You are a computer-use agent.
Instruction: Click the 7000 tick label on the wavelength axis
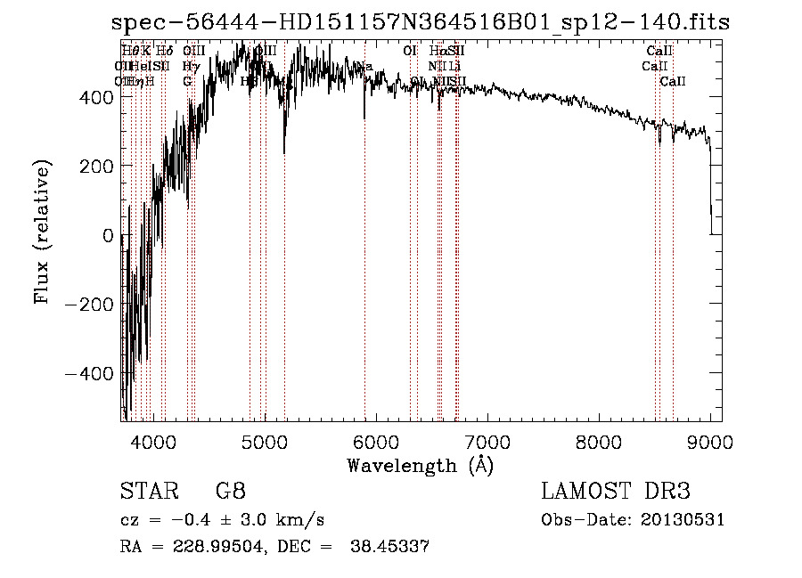click(487, 441)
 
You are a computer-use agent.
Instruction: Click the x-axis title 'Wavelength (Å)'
click(420, 465)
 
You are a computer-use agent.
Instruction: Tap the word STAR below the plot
click(144, 492)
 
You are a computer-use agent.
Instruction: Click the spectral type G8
click(230, 492)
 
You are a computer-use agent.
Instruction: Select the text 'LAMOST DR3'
click(616, 492)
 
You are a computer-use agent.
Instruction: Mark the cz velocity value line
click(222, 520)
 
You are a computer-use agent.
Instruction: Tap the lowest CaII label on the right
click(673, 82)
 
